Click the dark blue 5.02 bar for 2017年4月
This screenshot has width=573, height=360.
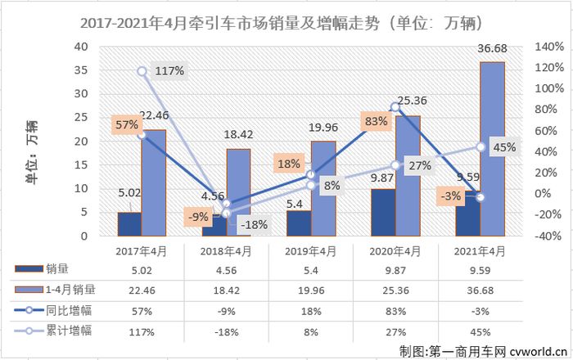point(129,224)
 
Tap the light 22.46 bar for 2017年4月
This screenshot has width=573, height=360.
point(153,182)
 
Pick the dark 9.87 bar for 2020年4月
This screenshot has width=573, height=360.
point(383,213)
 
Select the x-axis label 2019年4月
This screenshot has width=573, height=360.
point(309,251)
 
